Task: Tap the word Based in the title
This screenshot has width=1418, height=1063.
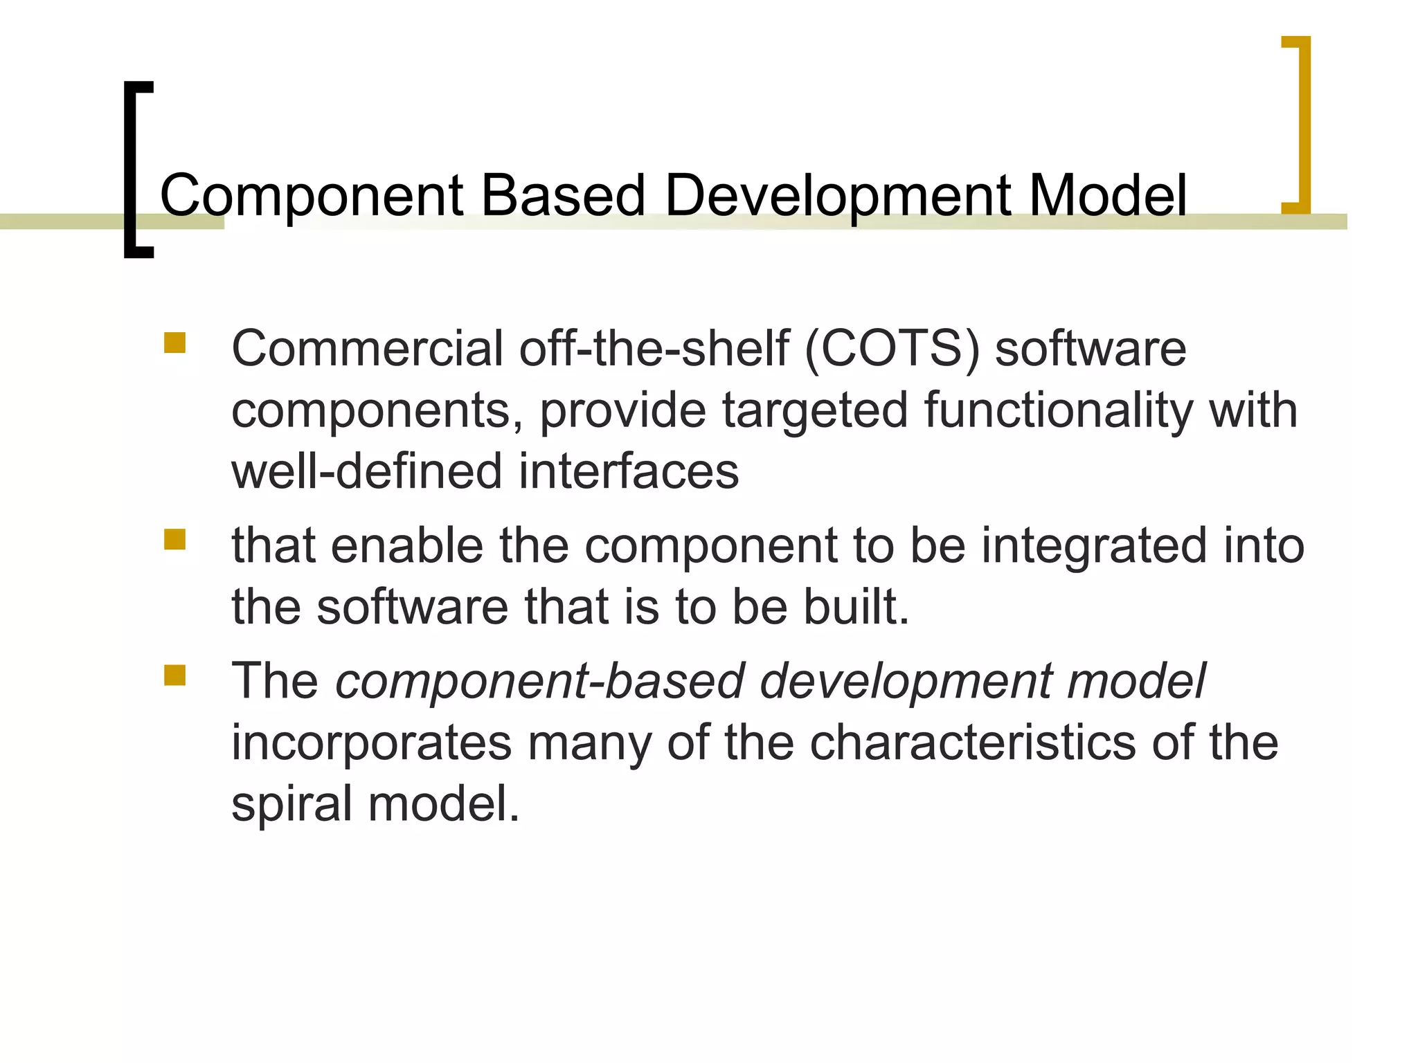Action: point(563,195)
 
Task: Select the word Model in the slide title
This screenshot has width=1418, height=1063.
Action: point(1107,195)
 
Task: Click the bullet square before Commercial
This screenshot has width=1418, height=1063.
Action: point(174,343)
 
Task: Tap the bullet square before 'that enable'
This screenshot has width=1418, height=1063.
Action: point(174,540)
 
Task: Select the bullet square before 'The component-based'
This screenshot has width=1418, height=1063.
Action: point(174,675)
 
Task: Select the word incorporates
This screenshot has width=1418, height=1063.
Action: point(370,743)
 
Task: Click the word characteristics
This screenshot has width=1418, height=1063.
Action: point(972,743)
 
